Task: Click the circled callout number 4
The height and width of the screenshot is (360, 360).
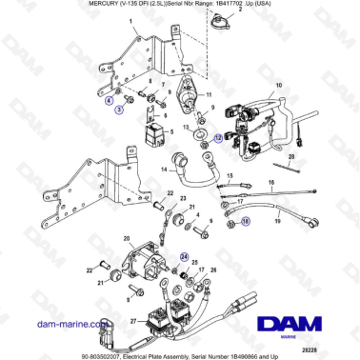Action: tap(109, 99)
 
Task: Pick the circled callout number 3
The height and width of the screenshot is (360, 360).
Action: tap(120, 110)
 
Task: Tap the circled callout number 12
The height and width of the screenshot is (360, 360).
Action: tap(217, 137)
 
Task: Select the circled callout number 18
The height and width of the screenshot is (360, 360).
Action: tap(245, 220)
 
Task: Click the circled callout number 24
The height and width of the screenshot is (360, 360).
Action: tap(185, 256)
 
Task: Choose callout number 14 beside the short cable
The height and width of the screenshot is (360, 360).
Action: tap(164, 170)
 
